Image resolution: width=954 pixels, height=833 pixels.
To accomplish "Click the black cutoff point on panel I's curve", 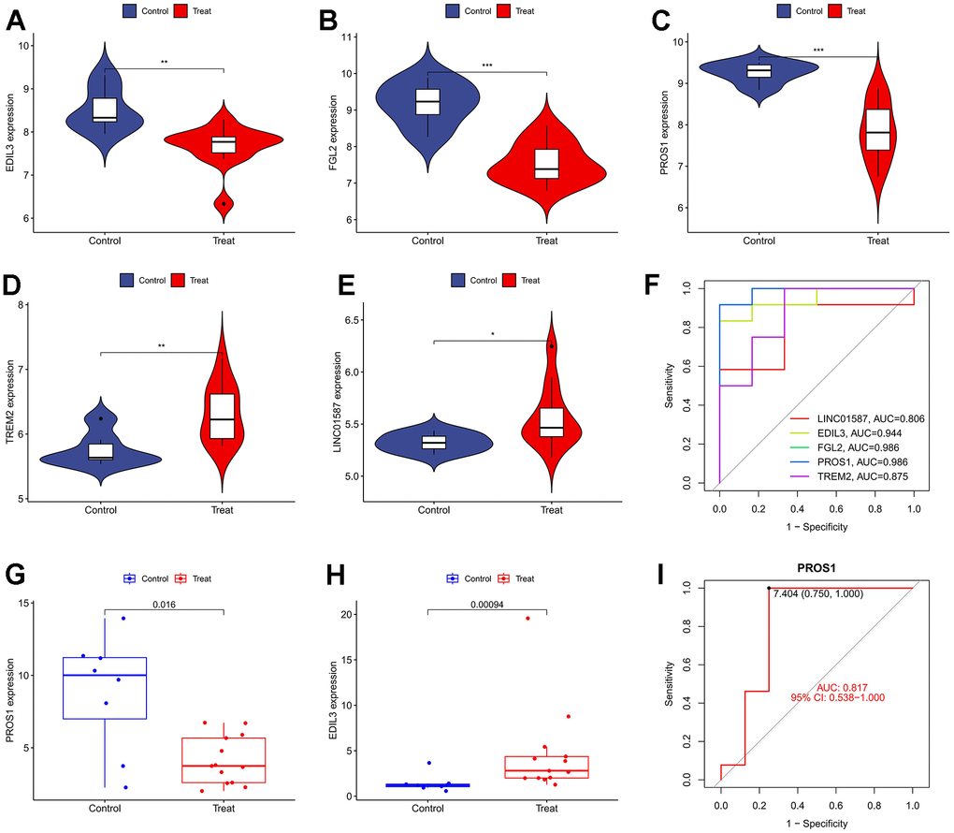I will (769, 588).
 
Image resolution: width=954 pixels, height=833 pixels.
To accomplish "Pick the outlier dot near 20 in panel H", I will (528, 619).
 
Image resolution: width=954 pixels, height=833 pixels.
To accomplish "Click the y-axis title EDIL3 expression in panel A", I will (11, 132).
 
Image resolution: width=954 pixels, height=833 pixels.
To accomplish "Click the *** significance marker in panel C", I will (818, 50).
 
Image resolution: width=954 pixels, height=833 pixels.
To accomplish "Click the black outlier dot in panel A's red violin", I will (224, 203).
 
